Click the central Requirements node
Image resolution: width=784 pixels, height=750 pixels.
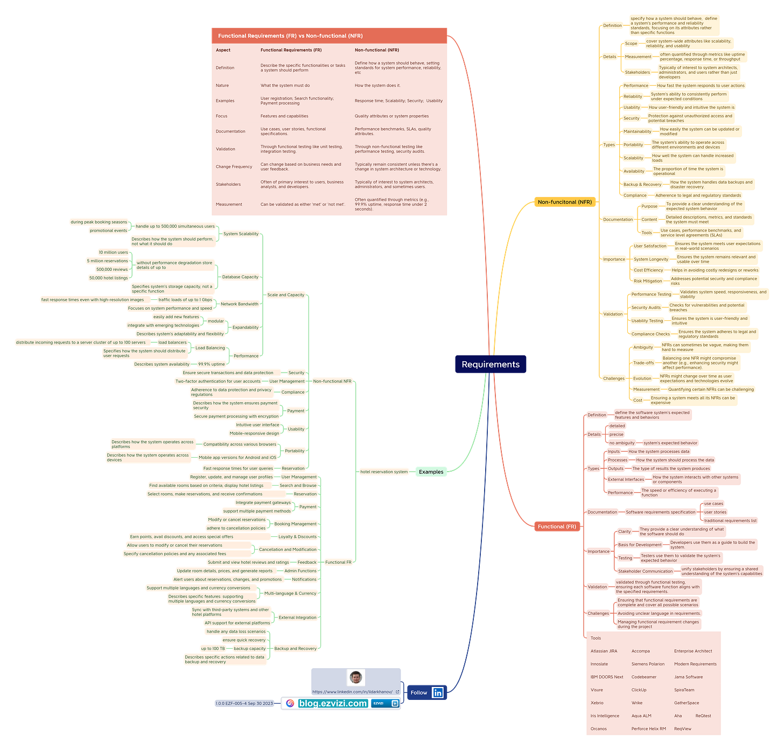(491, 365)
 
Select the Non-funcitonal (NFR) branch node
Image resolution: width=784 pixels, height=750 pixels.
(564, 202)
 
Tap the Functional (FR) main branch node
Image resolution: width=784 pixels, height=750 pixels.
(557, 527)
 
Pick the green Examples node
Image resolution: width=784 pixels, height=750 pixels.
(431, 472)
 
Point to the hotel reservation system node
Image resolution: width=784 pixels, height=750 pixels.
(384, 472)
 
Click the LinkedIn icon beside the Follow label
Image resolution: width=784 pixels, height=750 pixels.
(438, 693)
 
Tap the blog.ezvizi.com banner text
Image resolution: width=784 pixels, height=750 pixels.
(333, 703)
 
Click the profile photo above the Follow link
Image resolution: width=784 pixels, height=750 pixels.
(355, 677)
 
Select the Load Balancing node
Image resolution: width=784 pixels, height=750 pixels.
(210, 348)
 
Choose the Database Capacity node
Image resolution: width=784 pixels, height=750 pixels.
(240, 277)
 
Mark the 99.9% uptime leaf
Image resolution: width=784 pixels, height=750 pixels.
(212, 365)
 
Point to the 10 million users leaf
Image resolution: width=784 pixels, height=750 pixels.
(113, 253)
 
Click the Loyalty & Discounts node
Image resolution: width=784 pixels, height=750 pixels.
(297, 537)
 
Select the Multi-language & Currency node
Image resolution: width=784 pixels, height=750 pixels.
(290, 593)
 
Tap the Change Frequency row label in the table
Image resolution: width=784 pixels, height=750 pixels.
(234, 167)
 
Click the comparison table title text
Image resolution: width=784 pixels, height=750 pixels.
(290, 36)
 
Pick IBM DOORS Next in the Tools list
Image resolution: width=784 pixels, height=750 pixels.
(606, 677)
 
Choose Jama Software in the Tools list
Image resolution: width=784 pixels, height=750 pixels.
(688, 677)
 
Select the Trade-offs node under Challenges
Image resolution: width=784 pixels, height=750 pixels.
(643, 363)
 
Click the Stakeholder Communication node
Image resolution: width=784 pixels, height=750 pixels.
(645, 571)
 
